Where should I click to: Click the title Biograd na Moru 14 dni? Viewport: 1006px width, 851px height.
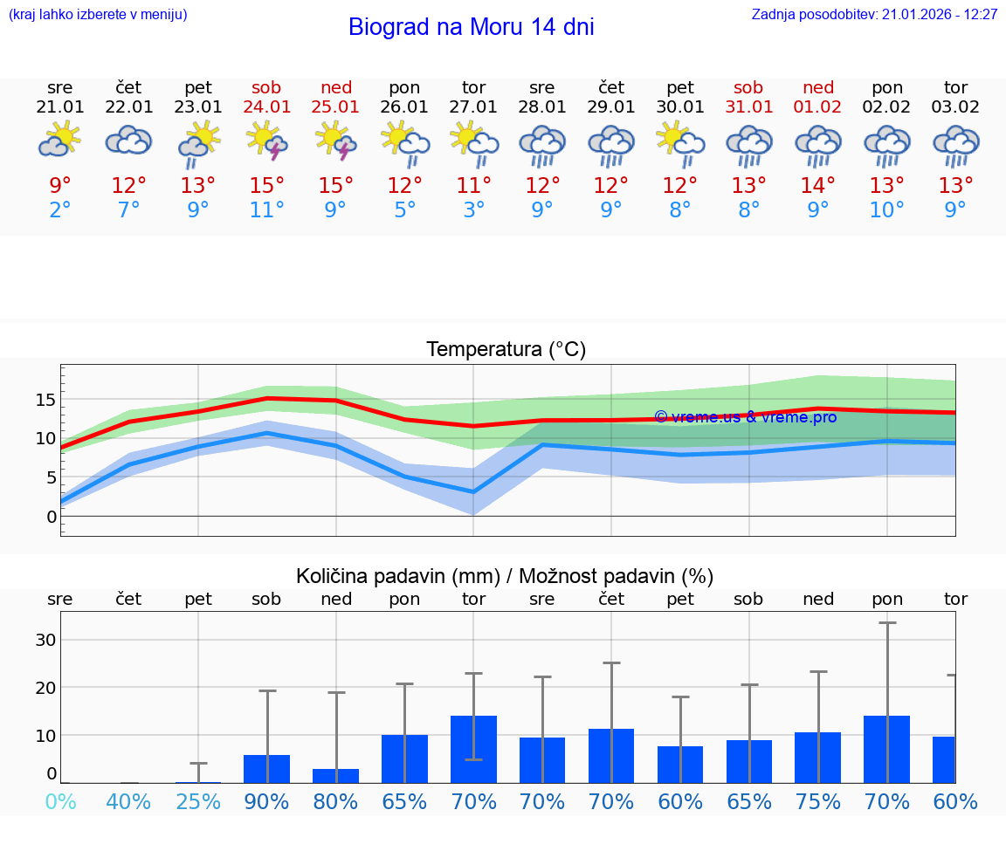471,27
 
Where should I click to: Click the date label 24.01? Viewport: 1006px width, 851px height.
267,107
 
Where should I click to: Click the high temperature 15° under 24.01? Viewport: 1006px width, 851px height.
267,186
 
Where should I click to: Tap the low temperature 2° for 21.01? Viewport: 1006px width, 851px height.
60,210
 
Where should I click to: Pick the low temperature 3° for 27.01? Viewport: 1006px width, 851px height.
473,210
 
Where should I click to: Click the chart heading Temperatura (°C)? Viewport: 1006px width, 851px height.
506,350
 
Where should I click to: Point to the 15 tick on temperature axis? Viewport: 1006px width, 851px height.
45,400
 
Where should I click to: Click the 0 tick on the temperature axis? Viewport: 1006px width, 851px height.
52,517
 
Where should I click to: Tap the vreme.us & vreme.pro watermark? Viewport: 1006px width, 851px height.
745,417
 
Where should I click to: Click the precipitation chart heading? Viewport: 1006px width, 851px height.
505,576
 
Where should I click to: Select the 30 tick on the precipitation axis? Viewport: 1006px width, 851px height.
45,640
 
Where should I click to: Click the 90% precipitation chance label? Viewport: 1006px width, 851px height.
267,802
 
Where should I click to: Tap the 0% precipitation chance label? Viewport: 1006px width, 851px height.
60,802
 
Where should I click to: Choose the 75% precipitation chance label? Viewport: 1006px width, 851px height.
818,802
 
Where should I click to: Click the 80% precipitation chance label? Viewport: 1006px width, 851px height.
335,802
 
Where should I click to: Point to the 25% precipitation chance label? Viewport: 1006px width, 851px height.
198,802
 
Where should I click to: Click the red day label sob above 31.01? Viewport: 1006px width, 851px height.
749,88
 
